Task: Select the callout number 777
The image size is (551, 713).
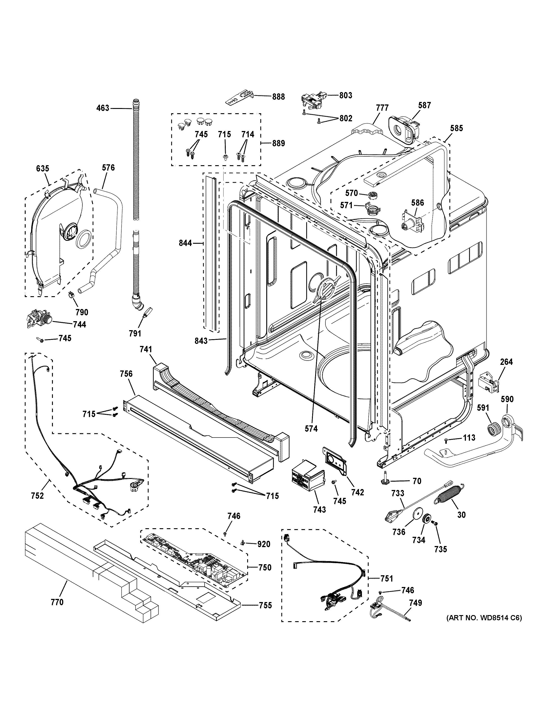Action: [382, 108]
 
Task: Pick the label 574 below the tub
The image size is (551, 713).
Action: [311, 429]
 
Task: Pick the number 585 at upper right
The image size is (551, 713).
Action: [456, 128]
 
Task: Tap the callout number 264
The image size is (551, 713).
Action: [506, 362]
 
